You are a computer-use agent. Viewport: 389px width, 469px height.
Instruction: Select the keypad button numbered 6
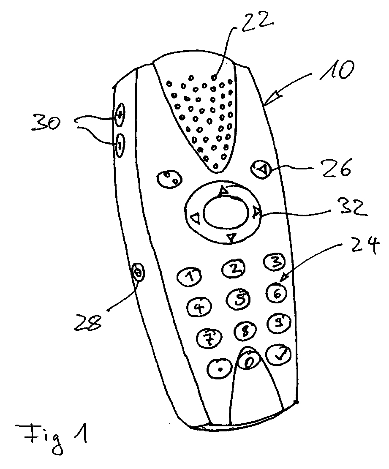point(277,292)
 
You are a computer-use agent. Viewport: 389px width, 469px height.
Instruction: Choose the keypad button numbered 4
point(199,307)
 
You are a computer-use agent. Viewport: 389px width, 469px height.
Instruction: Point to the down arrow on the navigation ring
point(231,238)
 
